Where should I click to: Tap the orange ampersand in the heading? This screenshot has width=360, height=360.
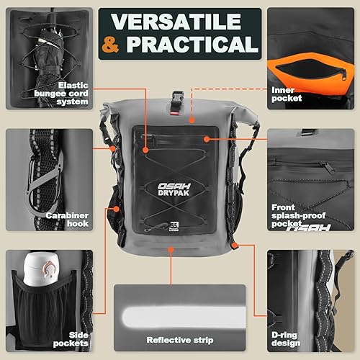(112, 44)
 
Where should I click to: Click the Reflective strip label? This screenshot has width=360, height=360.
(179, 340)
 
